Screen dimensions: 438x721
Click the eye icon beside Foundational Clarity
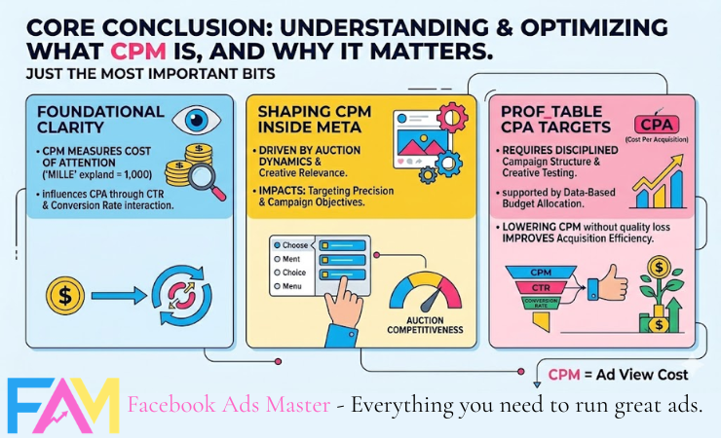point(191,120)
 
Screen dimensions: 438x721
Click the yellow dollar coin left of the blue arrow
point(64,293)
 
